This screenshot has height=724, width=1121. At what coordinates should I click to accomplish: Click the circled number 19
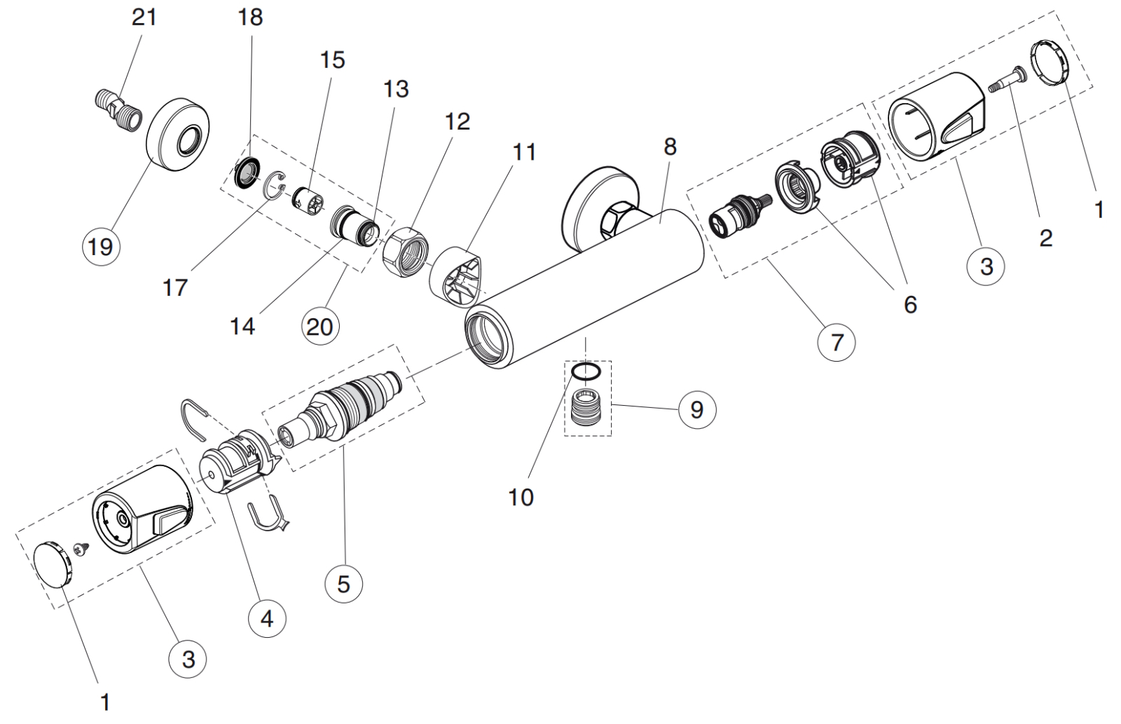[101, 247]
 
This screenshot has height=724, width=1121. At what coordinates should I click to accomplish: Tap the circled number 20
[319, 326]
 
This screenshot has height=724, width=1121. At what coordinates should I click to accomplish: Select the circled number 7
[837, 342]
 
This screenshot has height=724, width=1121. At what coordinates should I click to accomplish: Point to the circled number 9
[696, 409]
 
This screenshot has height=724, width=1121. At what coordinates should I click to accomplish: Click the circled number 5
[343, 583]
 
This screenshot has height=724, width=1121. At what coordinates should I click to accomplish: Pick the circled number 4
[267, 619]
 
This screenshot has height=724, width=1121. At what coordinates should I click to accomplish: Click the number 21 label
[145, 17]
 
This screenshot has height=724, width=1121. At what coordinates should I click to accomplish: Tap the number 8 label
[670, 146]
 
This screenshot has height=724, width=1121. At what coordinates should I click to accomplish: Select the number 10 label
[521, 497]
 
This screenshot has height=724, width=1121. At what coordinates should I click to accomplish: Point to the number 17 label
[175, 287]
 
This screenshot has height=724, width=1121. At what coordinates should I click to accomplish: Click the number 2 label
[1045, 238]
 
